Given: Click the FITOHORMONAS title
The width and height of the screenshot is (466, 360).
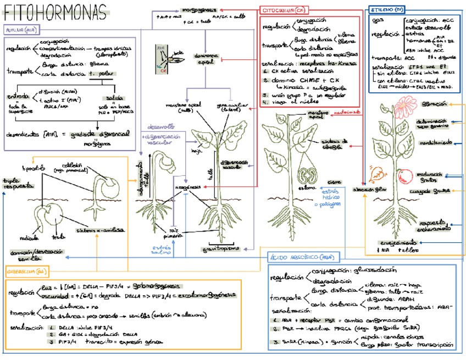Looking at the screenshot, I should point(55,12).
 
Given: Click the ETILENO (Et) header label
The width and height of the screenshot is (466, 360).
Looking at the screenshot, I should point(388,10).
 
